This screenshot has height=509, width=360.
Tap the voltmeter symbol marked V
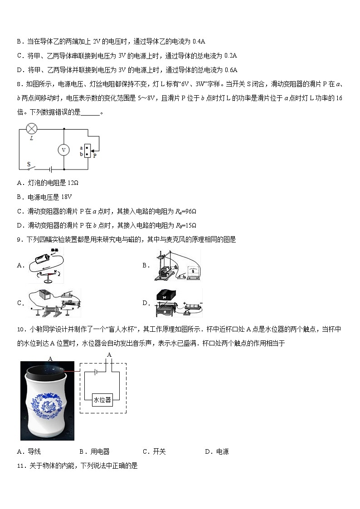coord(64,150)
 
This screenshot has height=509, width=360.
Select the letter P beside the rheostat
coord(94,155)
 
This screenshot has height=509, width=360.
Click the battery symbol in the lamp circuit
coord(51,169)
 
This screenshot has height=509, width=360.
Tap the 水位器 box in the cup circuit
coord(102,400)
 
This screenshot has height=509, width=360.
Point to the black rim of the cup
coord(47,372)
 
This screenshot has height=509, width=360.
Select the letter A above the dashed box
coord(109,354)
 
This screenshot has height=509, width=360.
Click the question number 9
coord(19,240)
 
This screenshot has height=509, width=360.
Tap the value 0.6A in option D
coord(231,70)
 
